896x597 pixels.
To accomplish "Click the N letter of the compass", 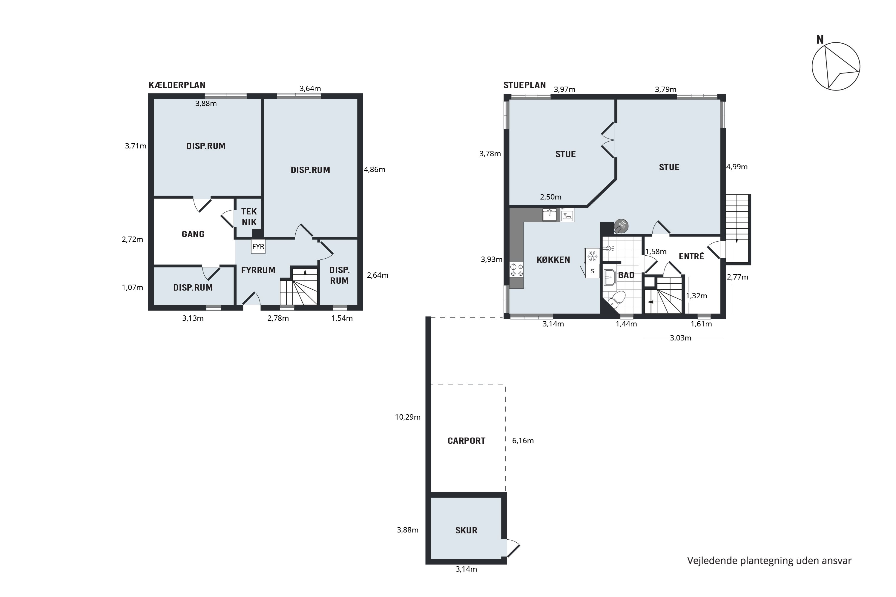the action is click(820, 40).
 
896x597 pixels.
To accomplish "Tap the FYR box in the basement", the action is click(258, 246).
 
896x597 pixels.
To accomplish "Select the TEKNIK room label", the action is click(249, 217).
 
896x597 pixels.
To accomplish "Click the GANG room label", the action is click(193, 234).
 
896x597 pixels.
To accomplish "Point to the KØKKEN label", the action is click(553, 260).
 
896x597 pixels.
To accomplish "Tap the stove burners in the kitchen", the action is click(517, 270).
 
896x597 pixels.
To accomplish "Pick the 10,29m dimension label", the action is click(407, 417).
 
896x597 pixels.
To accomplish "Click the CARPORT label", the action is click(467, 441).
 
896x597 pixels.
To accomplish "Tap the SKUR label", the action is click(467, 530).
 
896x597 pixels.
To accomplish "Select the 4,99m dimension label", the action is click(737, 167).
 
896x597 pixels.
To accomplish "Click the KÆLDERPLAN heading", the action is click(177, 85).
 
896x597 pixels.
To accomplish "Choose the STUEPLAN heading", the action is click(525, 85).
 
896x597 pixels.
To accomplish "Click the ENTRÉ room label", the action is click(691, 256).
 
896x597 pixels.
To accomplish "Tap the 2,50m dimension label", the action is click(551, 197).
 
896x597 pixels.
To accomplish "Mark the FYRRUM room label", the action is click(258, 270).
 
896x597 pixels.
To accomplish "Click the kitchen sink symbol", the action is click(550, 215).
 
